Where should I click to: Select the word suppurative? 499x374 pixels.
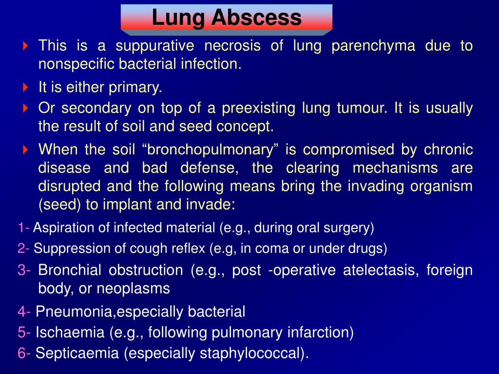154,46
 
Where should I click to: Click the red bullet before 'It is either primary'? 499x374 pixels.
25,88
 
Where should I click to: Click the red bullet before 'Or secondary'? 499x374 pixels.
25,109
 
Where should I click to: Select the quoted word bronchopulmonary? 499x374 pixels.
210,150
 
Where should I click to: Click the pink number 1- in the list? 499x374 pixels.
23,228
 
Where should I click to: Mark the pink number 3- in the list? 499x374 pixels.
24,270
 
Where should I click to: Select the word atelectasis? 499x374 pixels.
381,270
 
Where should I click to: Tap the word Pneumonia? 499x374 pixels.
74,311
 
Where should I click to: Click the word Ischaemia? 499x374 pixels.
70,332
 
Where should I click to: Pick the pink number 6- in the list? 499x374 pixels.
24,354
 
